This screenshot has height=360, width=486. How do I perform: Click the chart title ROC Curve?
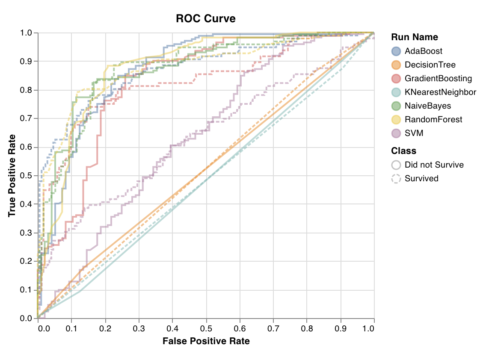(x=206, y=18)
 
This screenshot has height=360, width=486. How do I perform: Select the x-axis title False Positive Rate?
(x=206, y=341)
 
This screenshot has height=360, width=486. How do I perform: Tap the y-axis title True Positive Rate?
(x=12, y=175)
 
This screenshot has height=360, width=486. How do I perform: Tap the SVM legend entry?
(x=414, y=133)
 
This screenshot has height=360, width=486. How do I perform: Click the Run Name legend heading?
(x=415, y=37)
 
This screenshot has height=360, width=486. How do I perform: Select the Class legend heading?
(x=403, y=151)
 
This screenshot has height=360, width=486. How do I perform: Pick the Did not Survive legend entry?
(x=434, y=165)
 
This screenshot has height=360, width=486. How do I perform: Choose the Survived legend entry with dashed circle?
(x=421, y=179)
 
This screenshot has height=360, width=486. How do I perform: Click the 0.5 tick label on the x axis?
(x=206, y=328)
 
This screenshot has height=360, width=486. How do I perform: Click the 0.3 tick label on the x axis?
(x=139, y=328)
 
